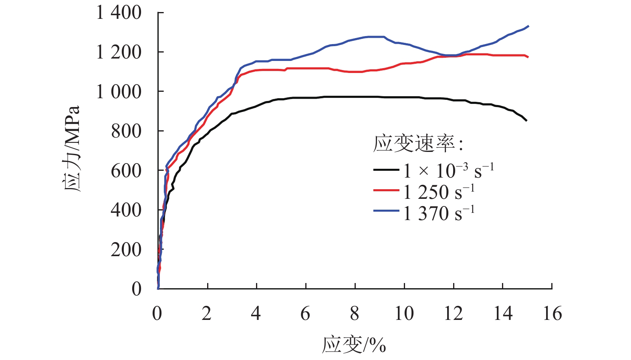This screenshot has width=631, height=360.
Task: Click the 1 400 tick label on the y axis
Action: (x=119, y=13)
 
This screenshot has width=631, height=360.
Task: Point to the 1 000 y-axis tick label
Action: (x=119, y=92)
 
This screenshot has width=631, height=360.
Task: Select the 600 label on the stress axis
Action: (x=126, y=171)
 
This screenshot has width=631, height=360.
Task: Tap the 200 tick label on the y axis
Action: (x=126, y=250)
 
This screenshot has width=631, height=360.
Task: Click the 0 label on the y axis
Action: (x=136, y=289)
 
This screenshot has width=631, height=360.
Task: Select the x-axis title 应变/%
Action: (x=354, y=344)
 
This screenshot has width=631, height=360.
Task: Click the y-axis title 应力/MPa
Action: (x=72, y=149)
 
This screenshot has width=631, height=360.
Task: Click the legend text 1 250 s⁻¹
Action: (x=439, y=192)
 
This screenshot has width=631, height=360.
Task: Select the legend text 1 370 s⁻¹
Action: (x=439, y=213)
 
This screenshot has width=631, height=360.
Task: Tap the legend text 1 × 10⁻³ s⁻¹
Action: (x=448, y=171)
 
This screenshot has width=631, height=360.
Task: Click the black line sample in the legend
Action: (x=386, y=170)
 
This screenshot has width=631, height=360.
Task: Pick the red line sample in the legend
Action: (x=386, y=191)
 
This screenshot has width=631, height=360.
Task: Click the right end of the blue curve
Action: (x=528, y=26)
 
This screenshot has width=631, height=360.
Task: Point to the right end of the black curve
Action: (x=526, y=120)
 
